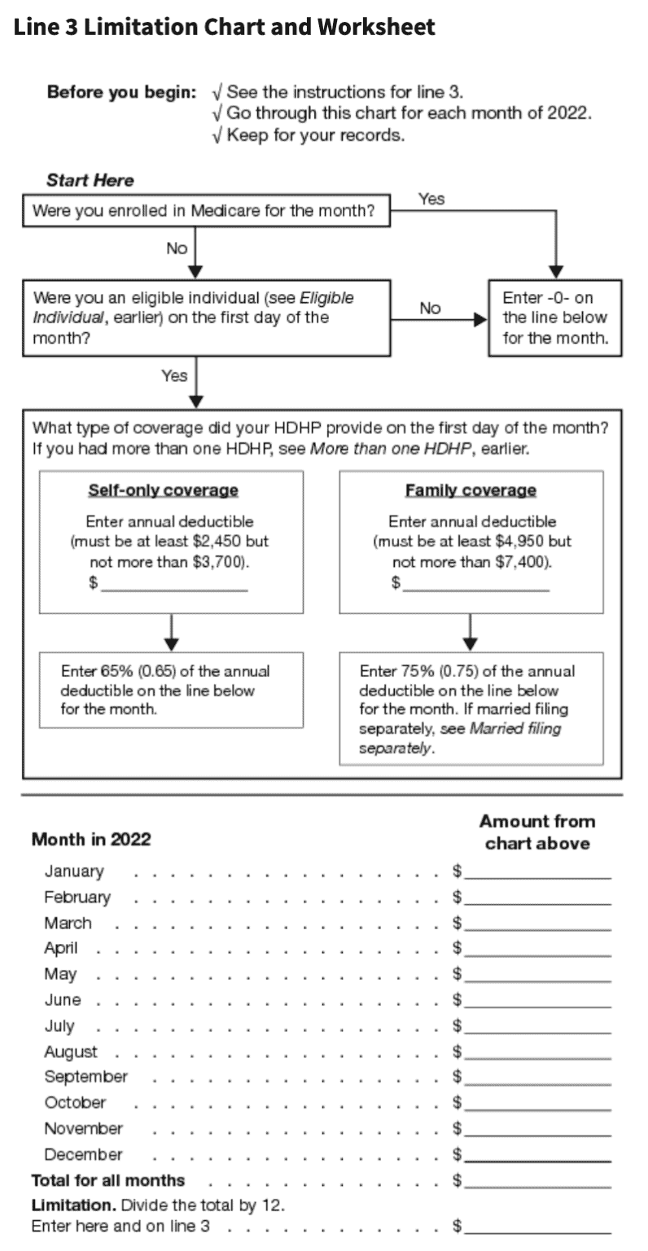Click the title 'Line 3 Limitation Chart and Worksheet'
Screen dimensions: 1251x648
pyautogui.click(x=225, y=28)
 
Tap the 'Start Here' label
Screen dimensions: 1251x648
pyautogui.click(x=90, y=181)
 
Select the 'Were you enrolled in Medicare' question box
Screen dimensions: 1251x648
pyautogui.click(x=204, y=213)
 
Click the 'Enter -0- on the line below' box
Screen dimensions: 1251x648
pyautogui.click(x=554, y=318)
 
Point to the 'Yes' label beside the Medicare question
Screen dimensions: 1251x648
pyautogui.click(x=431, y=199)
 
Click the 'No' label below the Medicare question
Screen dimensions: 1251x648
pyautogui.click(x=177, y=248)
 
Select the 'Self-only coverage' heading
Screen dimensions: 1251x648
pyautogui.click(x=163, y=490)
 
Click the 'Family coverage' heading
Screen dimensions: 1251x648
pyautogui.click(x=471, y=490)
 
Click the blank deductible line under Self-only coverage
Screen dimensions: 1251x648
pyautogui.click(x=174, y=583)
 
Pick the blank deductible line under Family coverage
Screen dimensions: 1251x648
pyautogui.click(x=475, y=583)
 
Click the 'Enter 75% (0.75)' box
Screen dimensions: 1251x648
pyautogui.click(x=471, y=709)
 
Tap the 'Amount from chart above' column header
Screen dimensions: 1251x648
pyautogui.click(x=537, y=832)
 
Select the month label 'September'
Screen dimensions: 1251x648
pyautogui.click(x=85, y=1077)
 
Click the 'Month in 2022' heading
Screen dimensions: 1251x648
pyautogui.click(x=91, y=840)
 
